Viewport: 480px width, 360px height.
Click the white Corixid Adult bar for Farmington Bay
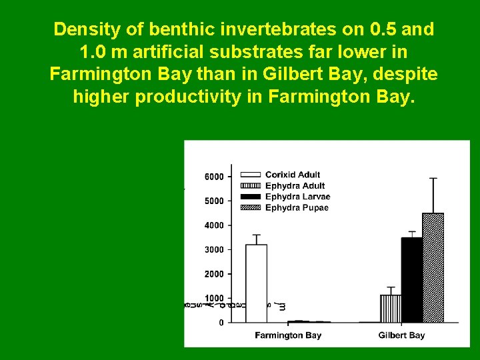point(256,283)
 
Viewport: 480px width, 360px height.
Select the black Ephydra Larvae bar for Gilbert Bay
point(411,280)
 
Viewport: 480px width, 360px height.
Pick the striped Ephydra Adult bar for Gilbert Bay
point(390,309)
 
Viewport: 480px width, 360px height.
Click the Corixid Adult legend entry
point(293,175)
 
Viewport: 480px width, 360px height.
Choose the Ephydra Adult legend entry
point(295,185)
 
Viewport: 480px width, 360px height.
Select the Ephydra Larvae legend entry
point(297,197)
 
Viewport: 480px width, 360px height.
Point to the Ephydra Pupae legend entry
point(297,207)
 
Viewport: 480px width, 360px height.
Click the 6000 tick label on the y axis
point(213,177)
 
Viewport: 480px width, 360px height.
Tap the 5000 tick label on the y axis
point(213,201)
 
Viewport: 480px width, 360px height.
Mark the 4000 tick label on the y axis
point(213,225)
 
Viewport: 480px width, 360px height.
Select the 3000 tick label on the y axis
point(213,249)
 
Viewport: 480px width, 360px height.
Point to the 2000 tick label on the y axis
point(213,274)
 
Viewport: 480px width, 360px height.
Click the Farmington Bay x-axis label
point(288,335)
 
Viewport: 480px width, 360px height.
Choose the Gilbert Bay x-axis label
point(401,335)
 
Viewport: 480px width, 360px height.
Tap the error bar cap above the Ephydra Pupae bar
point(433,178)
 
